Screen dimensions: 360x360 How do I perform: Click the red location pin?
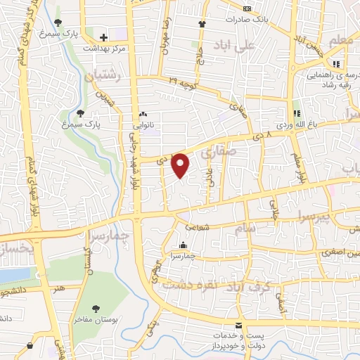[x=181, y=165]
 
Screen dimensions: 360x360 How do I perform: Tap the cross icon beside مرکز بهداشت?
[x=103, y=37]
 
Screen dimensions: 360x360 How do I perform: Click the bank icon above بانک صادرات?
[x=246, y=8]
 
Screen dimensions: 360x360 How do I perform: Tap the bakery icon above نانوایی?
[x=143, y=114]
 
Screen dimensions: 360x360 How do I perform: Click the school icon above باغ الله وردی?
[x=297, y=113]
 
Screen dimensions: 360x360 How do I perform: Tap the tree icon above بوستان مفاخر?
[x=96, y=308]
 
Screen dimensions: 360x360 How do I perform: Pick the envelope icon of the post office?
[x=240, y=325]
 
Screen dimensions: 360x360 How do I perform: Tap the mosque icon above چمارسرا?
[x=183, y=245]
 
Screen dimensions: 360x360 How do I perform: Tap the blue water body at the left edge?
[x=14, y=274]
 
